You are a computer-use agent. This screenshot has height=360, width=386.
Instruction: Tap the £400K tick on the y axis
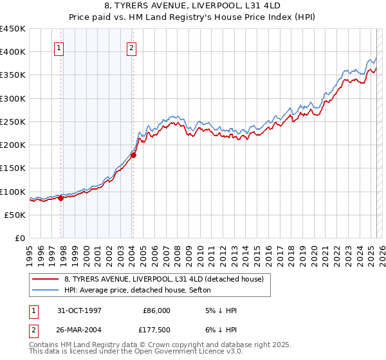click(13, 52)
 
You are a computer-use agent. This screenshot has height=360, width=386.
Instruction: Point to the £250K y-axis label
click(13, 122)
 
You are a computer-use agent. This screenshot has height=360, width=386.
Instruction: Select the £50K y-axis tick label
click(15, 215)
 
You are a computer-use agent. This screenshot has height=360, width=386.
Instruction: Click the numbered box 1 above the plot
click(59, 47)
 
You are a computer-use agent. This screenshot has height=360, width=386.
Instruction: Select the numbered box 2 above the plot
click(131, 47)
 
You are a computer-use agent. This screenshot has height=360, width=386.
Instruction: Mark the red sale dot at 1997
click(61, 198)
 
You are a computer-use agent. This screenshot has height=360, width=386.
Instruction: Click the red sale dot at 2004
click(133, 155)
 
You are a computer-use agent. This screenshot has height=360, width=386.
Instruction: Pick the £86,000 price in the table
click(156, 310)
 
